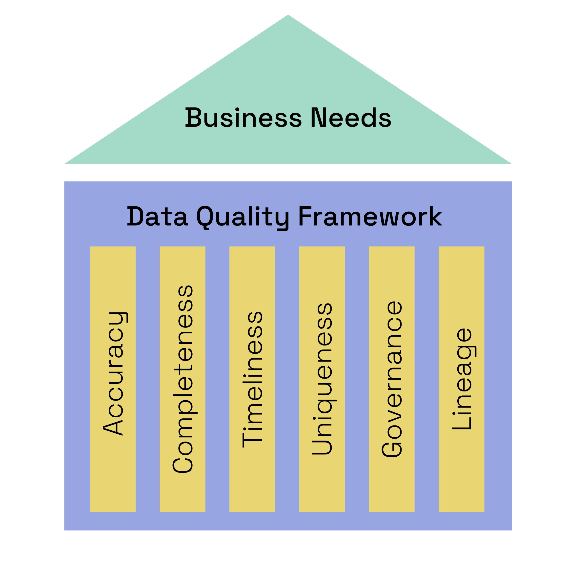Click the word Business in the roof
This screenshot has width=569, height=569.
[x=243, y=118]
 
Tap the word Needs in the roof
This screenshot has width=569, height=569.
[x=351, y=118]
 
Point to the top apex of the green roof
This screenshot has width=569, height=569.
[x=288, y=15]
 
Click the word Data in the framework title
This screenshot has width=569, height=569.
[x=157, y=217]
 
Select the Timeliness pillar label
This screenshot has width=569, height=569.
[x=252, y=380]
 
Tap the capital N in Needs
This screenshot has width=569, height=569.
[x=319, y=118]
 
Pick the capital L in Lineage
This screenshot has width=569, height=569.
[x=462, y=422]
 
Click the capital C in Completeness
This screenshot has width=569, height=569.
[x=183, y=463]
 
